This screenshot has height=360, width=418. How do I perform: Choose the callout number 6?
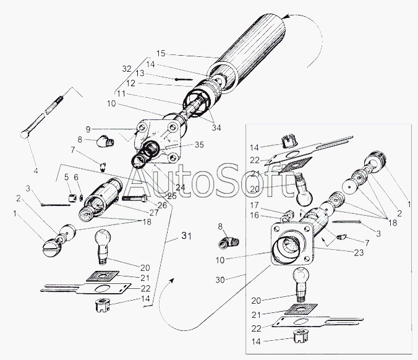[x=77, y=178]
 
